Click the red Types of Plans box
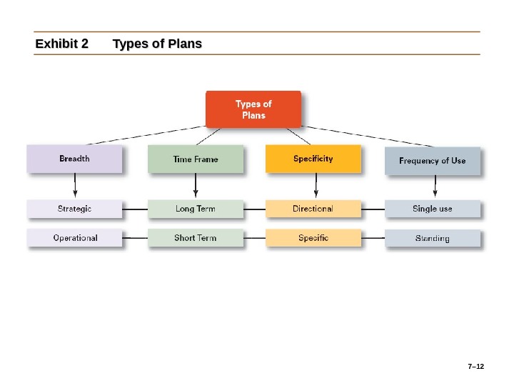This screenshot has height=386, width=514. click(253, 109)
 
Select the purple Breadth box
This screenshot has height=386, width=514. click(74, 159)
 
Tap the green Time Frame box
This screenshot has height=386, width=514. click(195, 159)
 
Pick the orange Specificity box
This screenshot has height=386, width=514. click(313, 159)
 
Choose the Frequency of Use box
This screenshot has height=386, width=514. click(433, 161)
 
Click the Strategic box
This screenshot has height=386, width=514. click(74, 209)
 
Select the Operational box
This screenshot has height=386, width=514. click(74, 237)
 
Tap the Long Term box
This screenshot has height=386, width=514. click(195, 209)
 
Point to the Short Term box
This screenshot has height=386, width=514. click(195, 237)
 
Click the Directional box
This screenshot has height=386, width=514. click(313, 209)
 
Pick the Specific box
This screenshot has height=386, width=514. click(313, 237)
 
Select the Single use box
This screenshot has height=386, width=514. click(433, 209)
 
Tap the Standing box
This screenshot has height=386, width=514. click(433, 238)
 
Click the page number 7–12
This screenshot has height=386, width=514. click(475, 367)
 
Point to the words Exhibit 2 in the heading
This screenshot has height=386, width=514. click(62, 44)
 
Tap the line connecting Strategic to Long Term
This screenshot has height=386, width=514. click(135, 209)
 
